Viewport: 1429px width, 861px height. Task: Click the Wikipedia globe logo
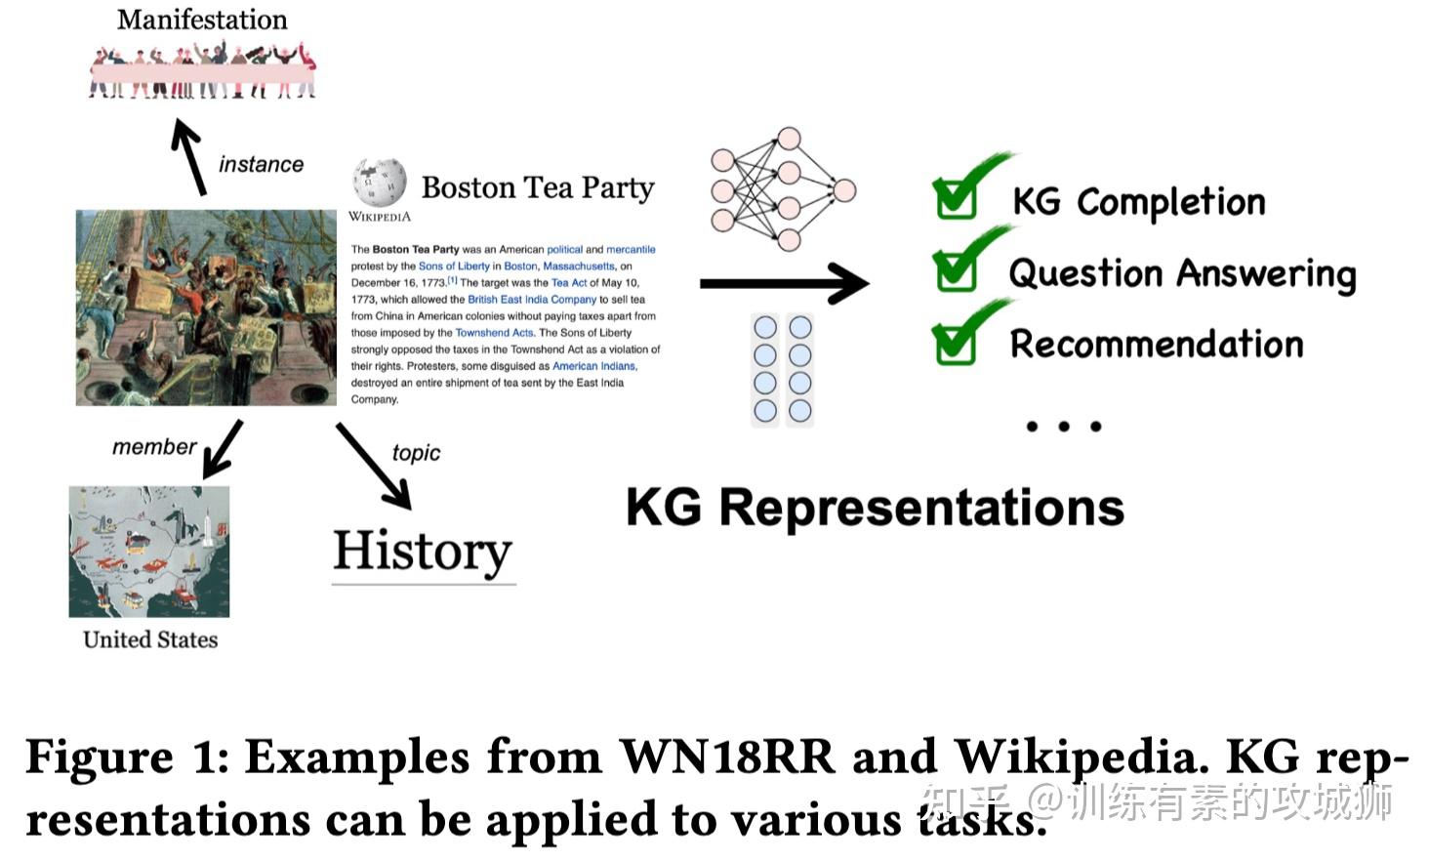tap(380, 183)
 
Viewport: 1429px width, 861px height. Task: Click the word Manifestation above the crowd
tap(202, 20)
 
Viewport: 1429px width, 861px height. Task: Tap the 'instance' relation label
tap(261, 164)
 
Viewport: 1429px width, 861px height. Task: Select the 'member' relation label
tap(154, 446)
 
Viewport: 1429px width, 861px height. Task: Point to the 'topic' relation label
tap(416, 453)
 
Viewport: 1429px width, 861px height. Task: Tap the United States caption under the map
tap(150, 639)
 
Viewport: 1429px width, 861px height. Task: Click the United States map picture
tap(149, 552)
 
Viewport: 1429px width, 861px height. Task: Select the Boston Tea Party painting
tap(206, 307)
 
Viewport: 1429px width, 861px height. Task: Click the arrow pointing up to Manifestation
tap(188, 156)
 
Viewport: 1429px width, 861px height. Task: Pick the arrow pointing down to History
tap(374, 467)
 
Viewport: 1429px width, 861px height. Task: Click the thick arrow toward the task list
tap(785, 283)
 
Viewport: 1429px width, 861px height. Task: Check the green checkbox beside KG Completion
tap(956, 199)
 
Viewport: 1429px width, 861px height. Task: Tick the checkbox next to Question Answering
tap(956, 271)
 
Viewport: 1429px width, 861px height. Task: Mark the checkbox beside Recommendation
tap(955, 345)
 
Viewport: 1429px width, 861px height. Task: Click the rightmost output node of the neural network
tap(844, 190)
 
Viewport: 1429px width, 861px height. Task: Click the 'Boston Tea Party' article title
tap(538, 187)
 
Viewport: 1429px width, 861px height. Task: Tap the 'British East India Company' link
tap(532, 299)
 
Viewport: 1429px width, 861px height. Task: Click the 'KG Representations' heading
tap(875, 508)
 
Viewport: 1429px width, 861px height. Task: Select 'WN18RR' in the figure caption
tap(726, 758)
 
